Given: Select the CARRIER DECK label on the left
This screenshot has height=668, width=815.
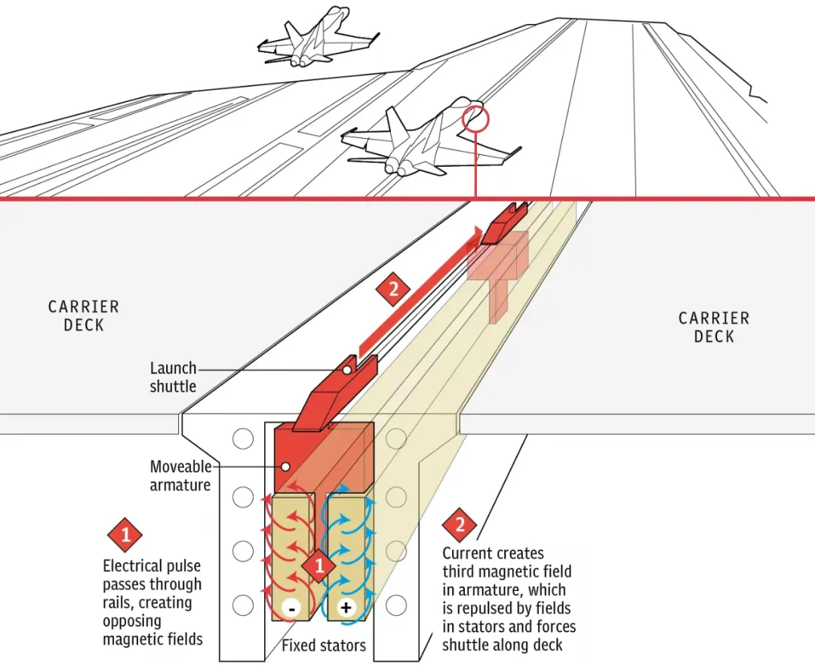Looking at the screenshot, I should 83,316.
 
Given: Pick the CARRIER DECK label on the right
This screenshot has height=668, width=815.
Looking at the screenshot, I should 713,327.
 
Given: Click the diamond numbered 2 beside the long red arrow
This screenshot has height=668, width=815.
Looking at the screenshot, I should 392,289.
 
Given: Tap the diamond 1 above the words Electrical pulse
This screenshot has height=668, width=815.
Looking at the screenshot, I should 125,535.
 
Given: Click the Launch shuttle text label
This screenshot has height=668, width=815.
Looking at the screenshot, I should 173,377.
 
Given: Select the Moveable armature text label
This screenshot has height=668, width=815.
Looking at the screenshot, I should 180,476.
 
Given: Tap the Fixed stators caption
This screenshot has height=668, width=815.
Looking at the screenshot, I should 324,646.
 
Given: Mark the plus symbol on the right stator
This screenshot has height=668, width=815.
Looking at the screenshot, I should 346,608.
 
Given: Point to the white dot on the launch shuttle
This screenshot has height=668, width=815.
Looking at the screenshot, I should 346,370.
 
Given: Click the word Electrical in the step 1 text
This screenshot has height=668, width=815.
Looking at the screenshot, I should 132,566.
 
